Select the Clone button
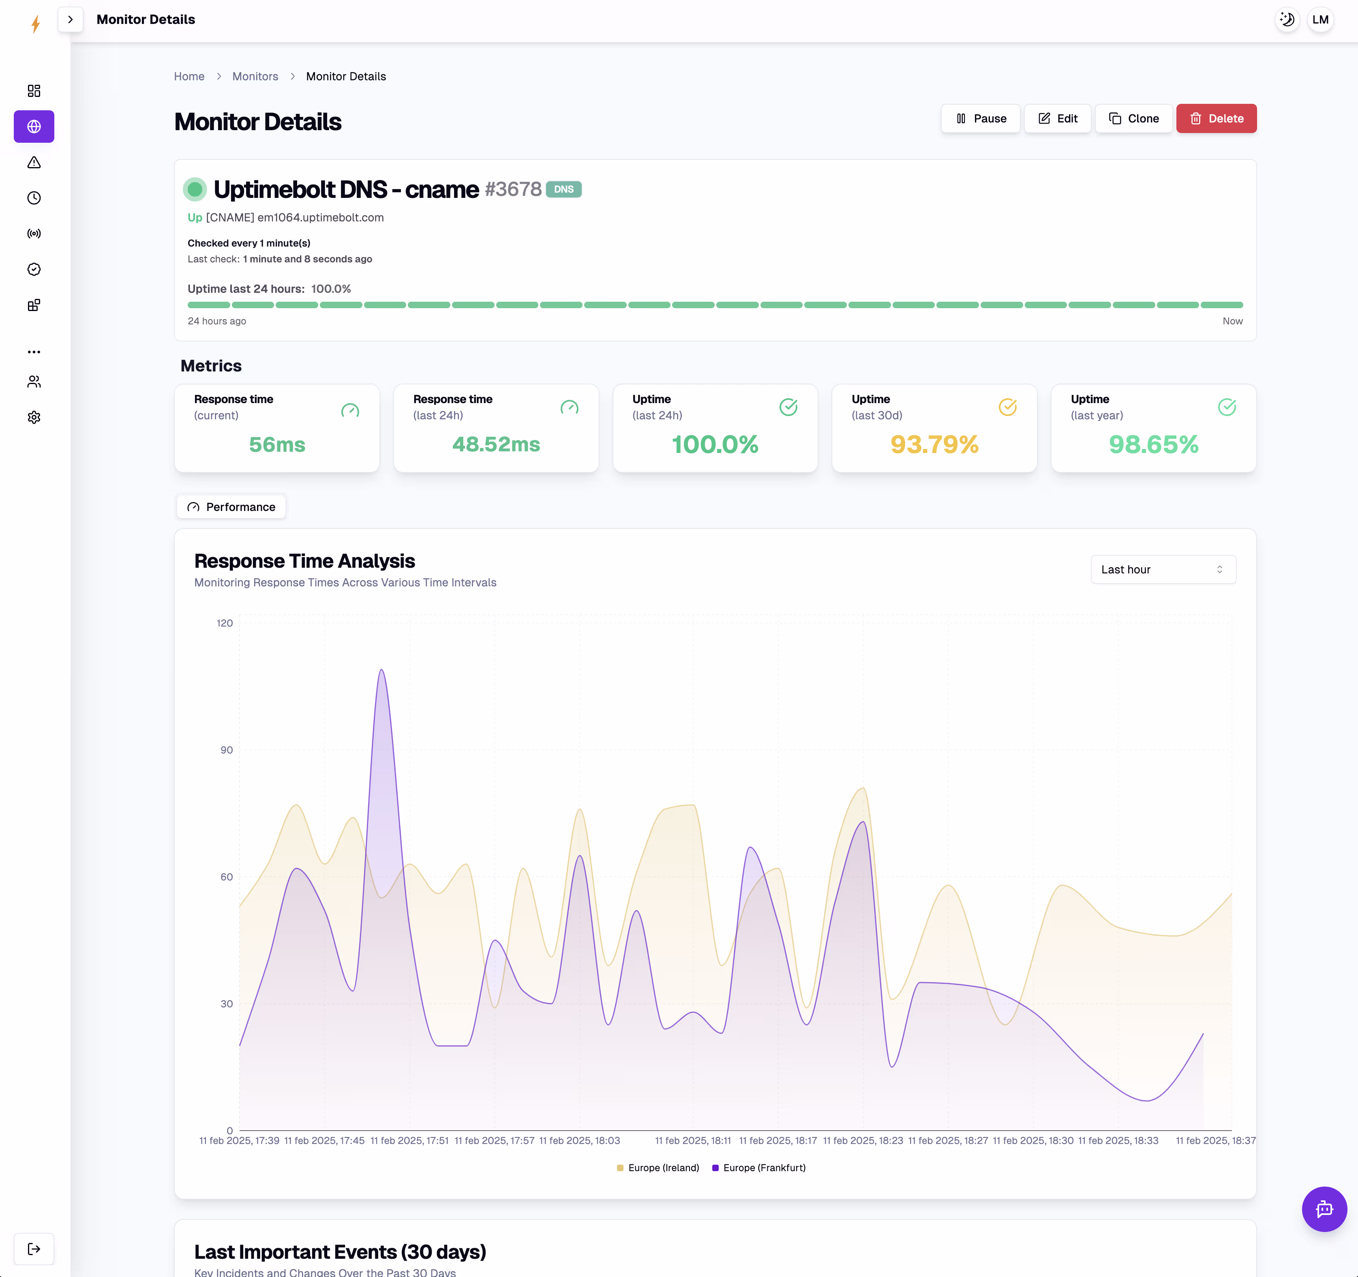point(1133,118)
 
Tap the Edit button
point(1058,118)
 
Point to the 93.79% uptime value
point(934,444)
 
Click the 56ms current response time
point(276,444)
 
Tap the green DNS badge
point(563,189)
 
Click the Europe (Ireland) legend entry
point(658,1168)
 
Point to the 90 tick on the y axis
point(226,749)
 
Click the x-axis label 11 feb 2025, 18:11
point(693,1140)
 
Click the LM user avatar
point(1320,19)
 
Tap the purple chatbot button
point(1324,1209)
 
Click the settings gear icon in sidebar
point(34,417)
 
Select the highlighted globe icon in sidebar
point(34,127)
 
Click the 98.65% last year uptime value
point(1153,444)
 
